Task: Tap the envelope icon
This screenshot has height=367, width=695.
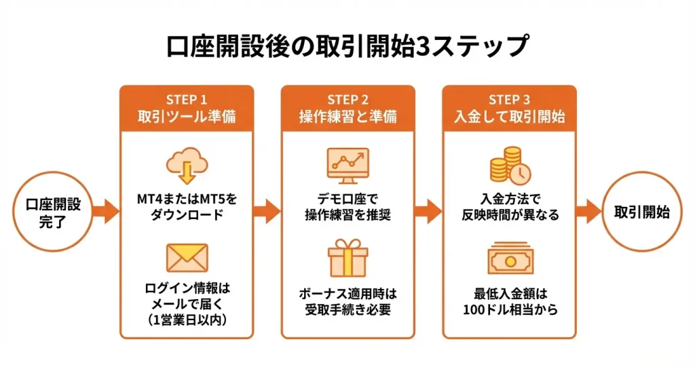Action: [x=187, y=258]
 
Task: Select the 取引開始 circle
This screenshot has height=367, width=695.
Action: [x=642, y=212]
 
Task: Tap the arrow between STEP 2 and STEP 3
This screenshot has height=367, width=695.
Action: [x=429, y=211]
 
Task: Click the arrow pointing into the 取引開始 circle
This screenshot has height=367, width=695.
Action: [x=590, y=211]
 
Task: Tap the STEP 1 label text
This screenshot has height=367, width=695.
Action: [x=187, y=100]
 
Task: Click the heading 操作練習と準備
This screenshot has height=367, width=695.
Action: [x=347, y=117]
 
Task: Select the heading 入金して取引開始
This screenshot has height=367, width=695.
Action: [x=509, y=117]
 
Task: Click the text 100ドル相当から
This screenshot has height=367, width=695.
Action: [x=509, y=311]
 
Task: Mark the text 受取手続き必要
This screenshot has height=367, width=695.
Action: [x=347, y=311]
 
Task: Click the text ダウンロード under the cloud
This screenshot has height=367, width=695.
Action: [x=187, y=215]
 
